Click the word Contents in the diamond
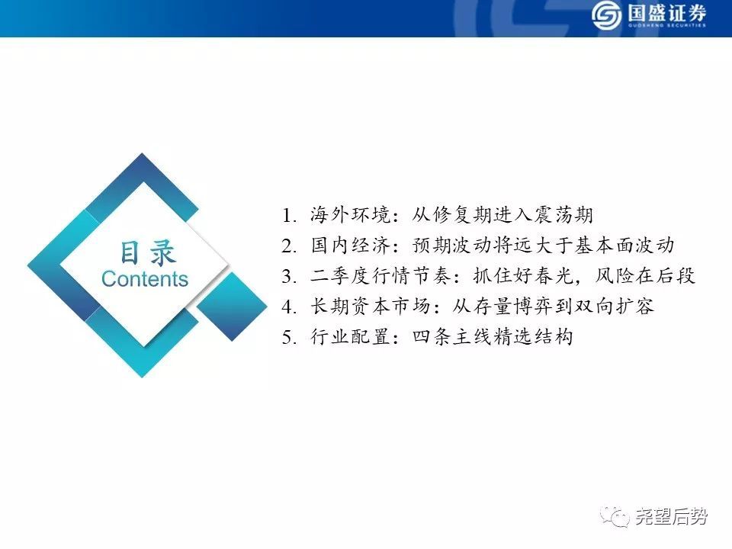(145, 279)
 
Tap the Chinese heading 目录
(148, 252)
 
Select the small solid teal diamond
(232, 307)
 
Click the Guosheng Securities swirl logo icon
(606, 15)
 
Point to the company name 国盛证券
(666, 13)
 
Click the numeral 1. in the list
(290, 216)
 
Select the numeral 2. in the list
(290, 246)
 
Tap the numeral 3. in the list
(290, 276)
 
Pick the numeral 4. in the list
(290, 307)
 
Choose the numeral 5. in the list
(290, 337)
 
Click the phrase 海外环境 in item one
(350, 215)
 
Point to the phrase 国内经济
(350, 245)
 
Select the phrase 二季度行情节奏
(380, 275)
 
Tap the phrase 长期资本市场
(371, 306)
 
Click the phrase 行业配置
(350, 336)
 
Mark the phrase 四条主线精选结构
(493, 336)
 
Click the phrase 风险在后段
(645, 275)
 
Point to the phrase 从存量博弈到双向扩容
(554, 306)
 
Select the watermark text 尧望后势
(671, 517)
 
